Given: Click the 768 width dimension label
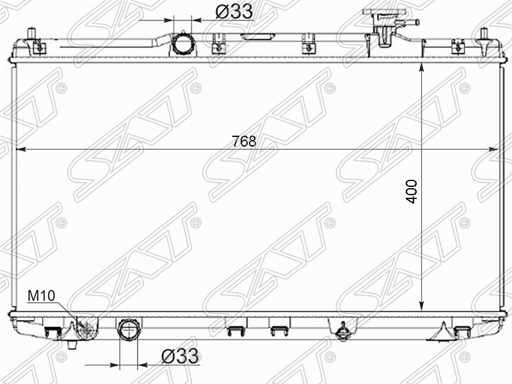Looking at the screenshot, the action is (x=244, y=141).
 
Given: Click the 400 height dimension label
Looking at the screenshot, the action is (x=412, y=191).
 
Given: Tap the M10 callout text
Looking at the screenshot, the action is (x=41, y=296).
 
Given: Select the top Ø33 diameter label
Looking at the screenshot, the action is (x=234, y=12).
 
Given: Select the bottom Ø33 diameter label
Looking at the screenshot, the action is (x=180, y=356).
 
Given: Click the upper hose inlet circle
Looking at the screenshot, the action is (x=184, y=44).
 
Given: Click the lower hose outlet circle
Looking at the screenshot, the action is (x=130, y=330).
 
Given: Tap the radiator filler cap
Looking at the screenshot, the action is (x=385, y=12).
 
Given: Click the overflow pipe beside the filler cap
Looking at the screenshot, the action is (x=408, y=22).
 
